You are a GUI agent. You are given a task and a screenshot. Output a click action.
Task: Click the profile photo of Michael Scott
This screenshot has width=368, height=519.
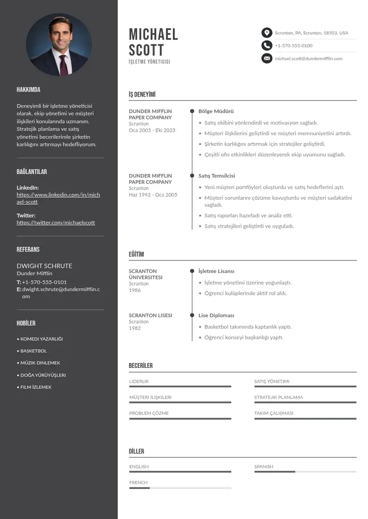[x=59, y=44]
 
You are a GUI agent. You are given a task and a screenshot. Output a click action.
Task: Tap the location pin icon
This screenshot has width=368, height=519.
[x=266, y=33]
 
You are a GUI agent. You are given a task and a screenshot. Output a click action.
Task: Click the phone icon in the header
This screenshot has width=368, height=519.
[x=266, y=45]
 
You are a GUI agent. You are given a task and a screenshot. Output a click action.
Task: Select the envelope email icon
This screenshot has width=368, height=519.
[x=266, y=58]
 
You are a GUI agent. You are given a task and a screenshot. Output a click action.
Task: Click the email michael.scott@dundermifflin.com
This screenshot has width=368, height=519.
[x=308, y=58]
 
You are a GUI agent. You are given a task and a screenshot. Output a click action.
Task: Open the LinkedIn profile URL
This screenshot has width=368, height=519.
[x=58, y=198]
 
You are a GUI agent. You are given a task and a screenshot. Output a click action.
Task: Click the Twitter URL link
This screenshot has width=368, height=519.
[x=56, y=222]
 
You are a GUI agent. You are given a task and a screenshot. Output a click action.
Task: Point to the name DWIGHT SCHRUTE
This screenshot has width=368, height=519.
[x=44, y=266]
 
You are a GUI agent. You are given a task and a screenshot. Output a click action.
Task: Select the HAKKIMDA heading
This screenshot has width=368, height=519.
[x=28, y=90]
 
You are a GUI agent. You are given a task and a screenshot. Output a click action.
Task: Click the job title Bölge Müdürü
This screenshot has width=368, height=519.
[x=216, y=111]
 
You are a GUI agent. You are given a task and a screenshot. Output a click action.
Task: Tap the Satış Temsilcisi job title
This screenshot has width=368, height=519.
[x=216, y=176]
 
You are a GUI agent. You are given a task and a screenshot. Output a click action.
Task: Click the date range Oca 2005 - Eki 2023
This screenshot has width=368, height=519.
[x=152, y=130]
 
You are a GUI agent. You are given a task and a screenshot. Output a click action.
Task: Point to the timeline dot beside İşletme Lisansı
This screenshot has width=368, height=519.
[x=192, y=271]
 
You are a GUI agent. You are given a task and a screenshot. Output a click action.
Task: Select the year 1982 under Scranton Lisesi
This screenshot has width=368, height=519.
[x=135, y=328]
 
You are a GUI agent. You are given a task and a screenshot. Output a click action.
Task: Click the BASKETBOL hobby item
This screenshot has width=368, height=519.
[x=33, y=351]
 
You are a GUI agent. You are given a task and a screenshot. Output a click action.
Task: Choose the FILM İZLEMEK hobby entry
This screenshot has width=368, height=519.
[x=36, y=387]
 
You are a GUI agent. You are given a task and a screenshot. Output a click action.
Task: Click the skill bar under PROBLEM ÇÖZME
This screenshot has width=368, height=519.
[x=180, y=419]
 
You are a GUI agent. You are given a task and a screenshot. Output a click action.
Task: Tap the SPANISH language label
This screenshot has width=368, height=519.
[x=264, y=467]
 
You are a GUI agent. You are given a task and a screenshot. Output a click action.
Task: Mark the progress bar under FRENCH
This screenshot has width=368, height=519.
[x=180, y=488]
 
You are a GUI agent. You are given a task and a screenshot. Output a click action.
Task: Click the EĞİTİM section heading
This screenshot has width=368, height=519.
[x=136, y=254]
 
